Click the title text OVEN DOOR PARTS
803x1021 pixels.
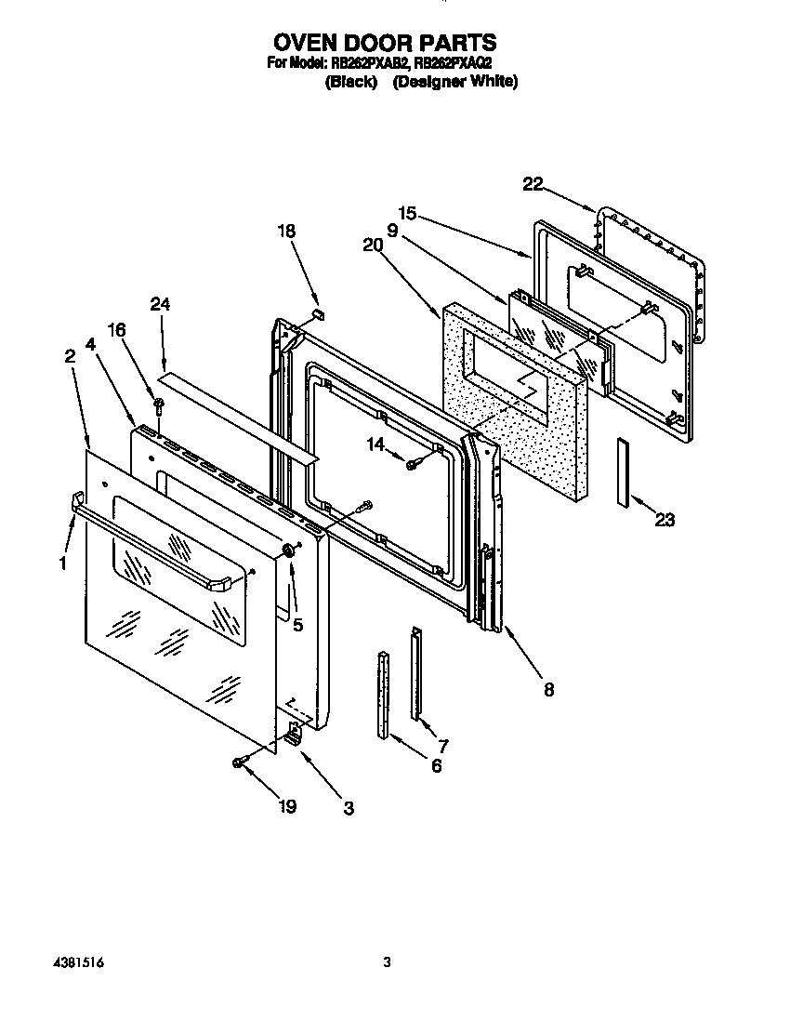(x=384, y=43)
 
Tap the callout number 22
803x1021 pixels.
(x=532, y=184)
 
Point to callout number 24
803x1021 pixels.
(x=161, y=304)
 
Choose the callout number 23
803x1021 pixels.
(x=664, y=520)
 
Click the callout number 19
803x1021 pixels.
(x=287, y=807)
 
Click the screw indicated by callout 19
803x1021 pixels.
(x=240, y=762)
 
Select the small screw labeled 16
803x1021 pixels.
(x=159, y=405)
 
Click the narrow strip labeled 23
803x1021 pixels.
(x=621, y=472)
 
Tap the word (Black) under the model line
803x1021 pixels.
(x=350, y=82)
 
